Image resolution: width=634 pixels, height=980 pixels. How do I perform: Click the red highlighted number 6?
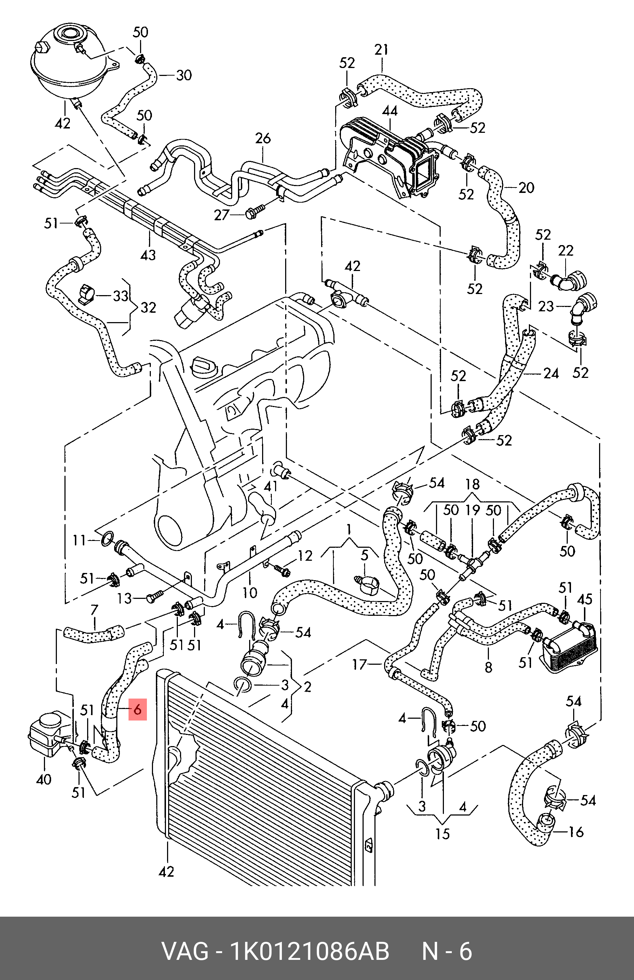[138, 709]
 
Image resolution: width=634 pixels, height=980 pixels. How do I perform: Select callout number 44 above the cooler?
[390, 111]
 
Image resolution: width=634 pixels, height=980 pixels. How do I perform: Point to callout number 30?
[184, 75]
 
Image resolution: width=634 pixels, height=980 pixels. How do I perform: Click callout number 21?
[381, 50]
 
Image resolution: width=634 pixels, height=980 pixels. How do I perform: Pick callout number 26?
[263, 138]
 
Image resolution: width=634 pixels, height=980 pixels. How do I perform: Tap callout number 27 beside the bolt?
[221, 214]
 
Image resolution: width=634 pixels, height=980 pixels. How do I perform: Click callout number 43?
[148, 255]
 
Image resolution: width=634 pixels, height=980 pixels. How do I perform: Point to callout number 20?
[526, 188]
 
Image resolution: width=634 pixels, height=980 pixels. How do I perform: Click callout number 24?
[551, 373]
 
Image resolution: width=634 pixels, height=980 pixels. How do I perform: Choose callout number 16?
[576, 831]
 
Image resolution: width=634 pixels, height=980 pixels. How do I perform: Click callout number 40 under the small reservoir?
[44, 779]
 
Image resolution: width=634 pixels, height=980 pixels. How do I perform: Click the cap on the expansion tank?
[69, 33]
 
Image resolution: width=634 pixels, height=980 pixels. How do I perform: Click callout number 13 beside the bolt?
[124, 598]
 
